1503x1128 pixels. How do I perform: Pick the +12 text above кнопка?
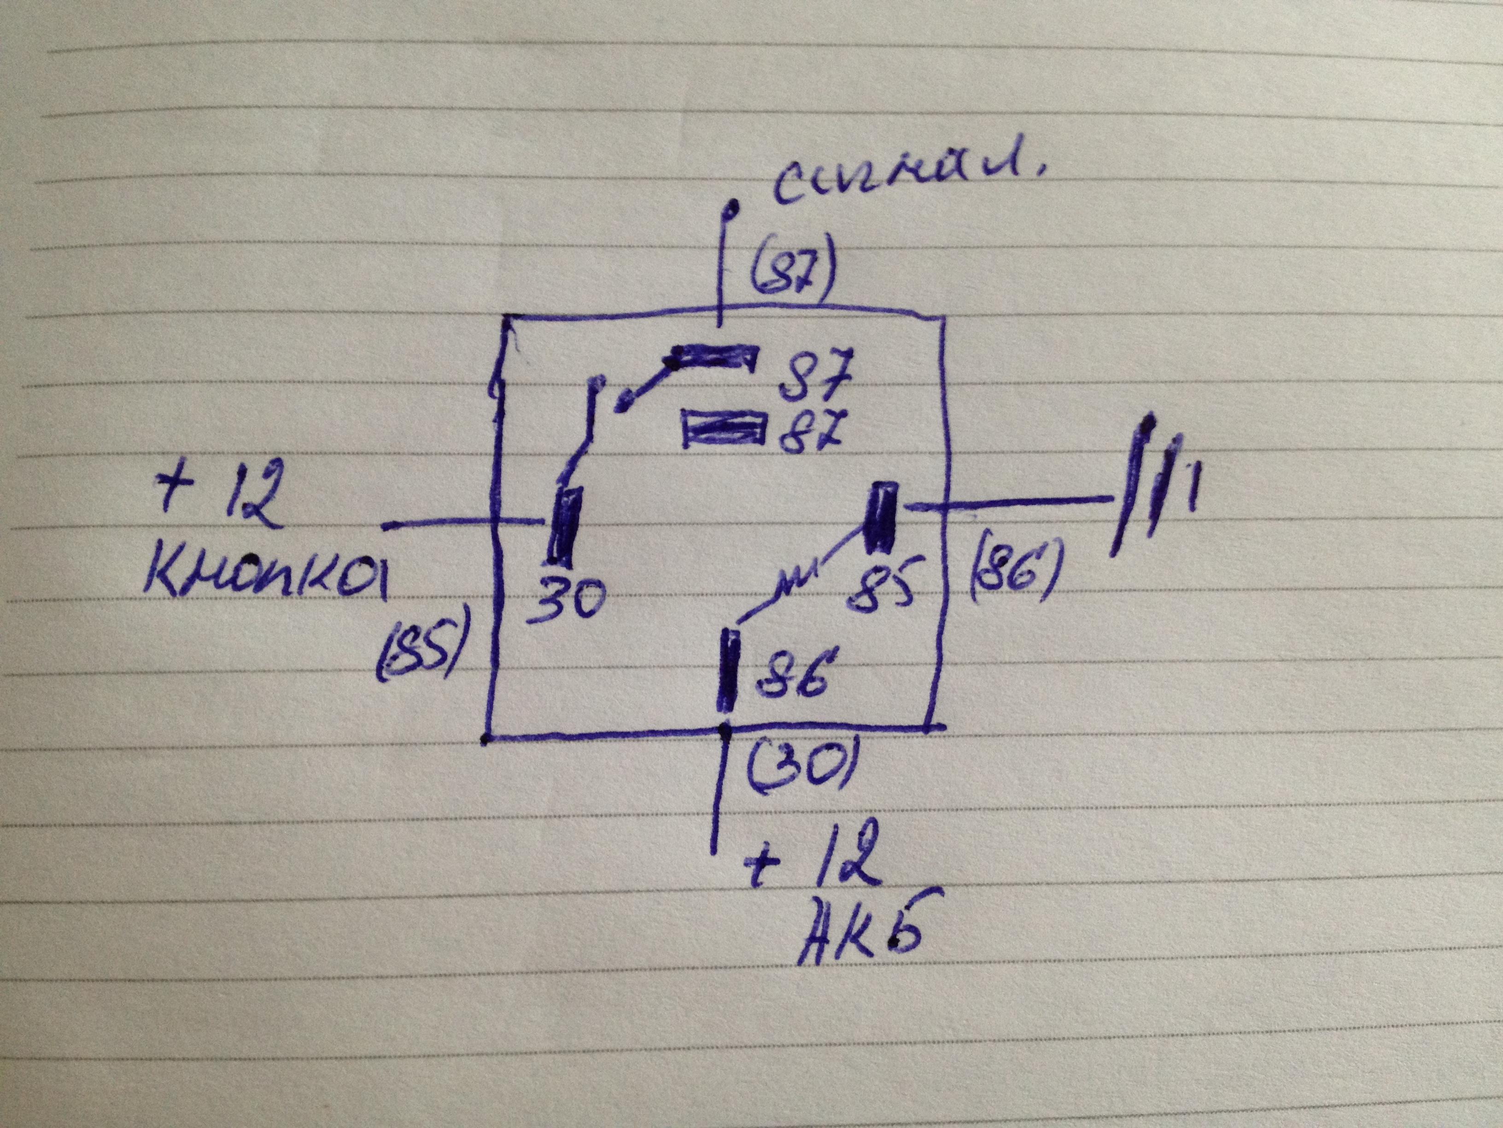(217, 497)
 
